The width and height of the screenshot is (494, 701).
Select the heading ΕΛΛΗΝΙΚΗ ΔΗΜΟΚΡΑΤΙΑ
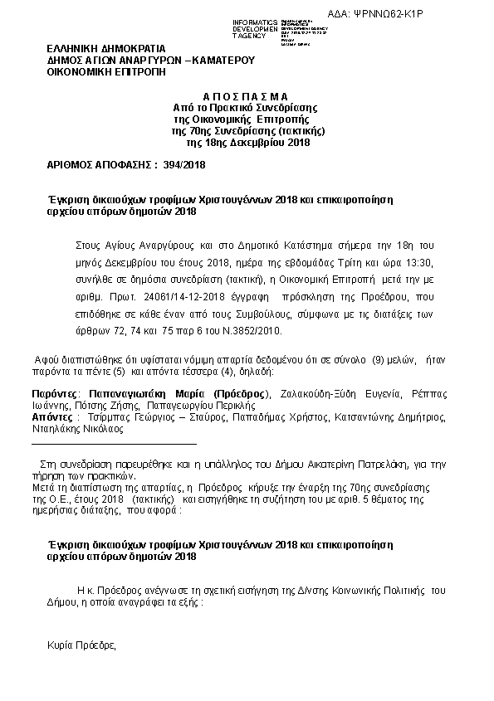coord(106,48)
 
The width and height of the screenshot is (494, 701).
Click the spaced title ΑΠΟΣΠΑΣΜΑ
coord(247,96)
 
